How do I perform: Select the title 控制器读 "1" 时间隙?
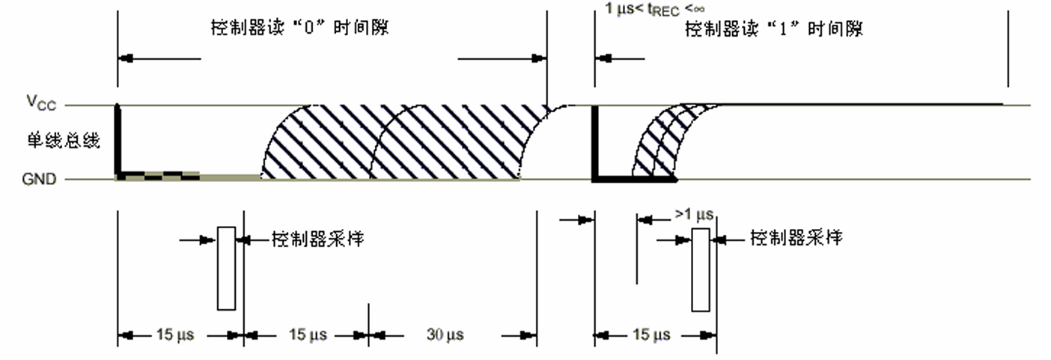[x=774, y=29]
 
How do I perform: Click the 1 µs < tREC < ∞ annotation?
[x=654, y=9]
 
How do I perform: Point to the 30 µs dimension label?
[x=444, y=335]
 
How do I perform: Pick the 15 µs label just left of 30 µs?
[x=307, y=335]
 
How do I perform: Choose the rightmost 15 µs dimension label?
[x=651, y=335]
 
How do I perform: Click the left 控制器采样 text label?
[x=318, y=240]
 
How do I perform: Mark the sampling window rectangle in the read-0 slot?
[x=226, y=267]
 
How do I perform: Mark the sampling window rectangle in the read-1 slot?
[x=701, y=269]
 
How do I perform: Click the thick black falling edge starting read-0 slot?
[x=118, y=142]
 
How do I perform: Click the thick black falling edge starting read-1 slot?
[x=594, y=142]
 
